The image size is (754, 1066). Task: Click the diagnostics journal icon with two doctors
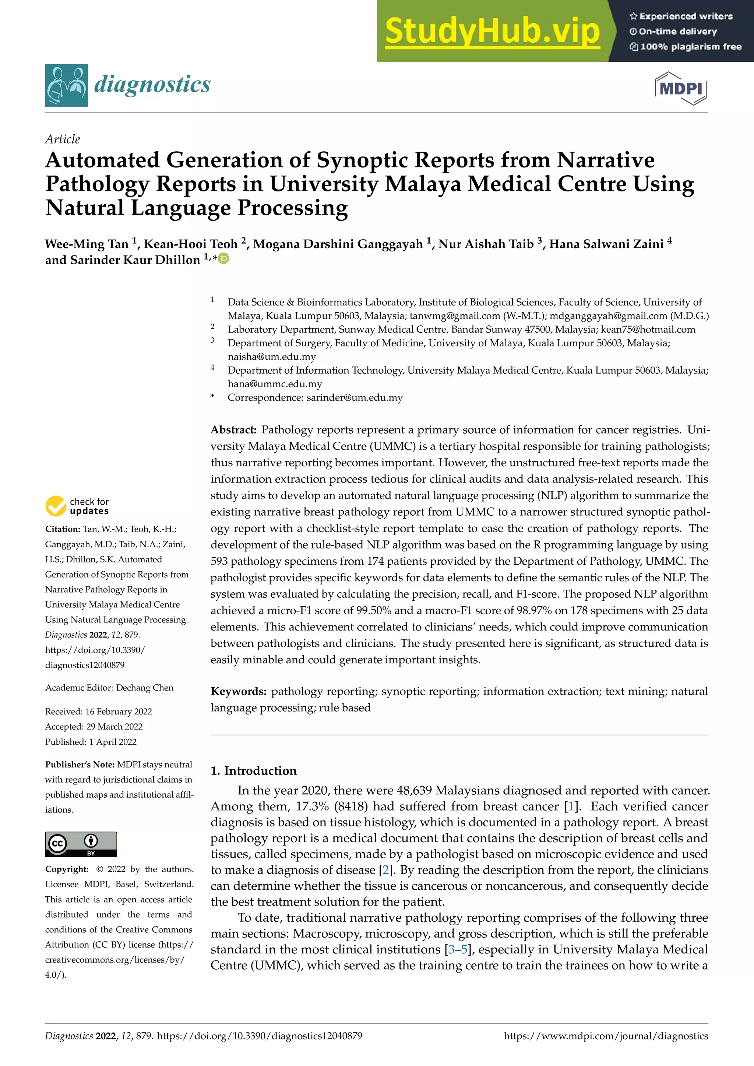pos(66,85)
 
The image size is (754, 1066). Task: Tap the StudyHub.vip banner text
pos(492,31)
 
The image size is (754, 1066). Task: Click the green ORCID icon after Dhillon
pos(224,259)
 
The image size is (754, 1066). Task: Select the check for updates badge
pos(77,506)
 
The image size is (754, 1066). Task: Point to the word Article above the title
pos(62,139)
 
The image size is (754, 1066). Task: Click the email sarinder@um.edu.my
pos(355,398)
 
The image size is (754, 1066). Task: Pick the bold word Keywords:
pos(238,691)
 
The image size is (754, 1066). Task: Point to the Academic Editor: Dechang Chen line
pos(109,688)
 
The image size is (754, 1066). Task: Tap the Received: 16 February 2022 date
pos(98,711)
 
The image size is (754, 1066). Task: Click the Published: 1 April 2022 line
pos(91,741)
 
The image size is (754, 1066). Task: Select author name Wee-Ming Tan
pos(87,244)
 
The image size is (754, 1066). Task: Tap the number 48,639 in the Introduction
pos(414,791)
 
